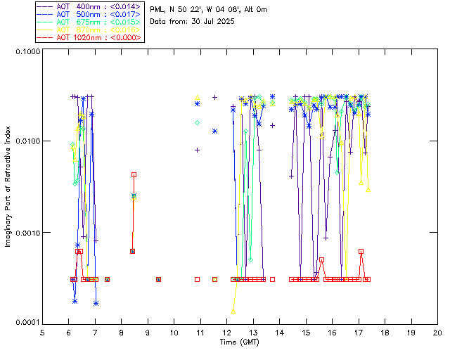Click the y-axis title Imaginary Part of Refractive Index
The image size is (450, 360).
click(9, 186)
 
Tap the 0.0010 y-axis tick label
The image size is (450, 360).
click(27, 233)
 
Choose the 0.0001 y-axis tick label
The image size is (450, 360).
click(27, 322)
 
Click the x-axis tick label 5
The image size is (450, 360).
click(42, 332)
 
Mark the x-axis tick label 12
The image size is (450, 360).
click(227, 332)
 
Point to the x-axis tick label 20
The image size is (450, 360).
click(437, 332)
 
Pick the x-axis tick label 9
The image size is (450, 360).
click(148, 332)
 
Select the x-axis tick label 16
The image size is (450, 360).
click(333, 332)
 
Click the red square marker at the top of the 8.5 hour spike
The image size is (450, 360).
click(134, 174)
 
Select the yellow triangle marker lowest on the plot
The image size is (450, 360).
click(233, 310)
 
